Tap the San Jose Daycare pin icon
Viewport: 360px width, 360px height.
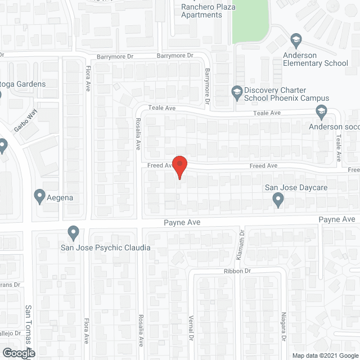pyautogui.click(x=278, y=199)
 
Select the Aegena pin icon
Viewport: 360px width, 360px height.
pyautogui.click(x=40, y=196)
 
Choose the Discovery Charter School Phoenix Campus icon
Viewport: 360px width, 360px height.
pyautogui.click(x=237, y=91)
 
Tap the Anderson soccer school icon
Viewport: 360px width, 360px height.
pyautogui.click(x=321, y=111)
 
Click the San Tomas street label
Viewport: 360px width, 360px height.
pyautogui.click(x=28, y=326)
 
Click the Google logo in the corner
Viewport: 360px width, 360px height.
pyautogui.click(x=18, y=353)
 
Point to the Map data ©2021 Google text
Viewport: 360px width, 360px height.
pyautogui.click(x=325, y=355)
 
